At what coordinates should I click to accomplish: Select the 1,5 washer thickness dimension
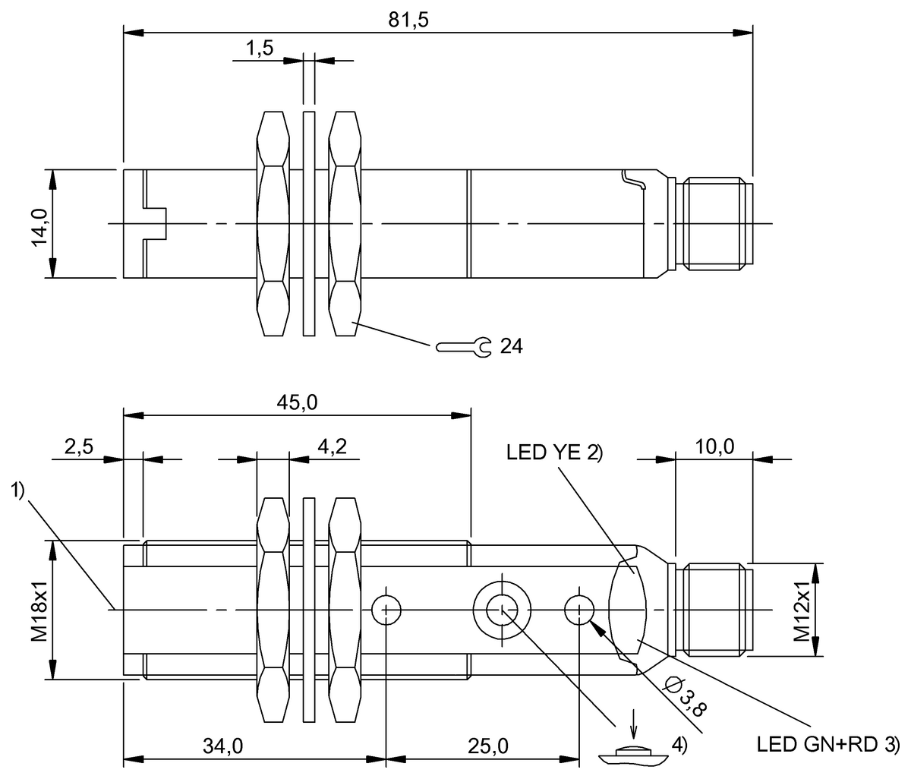[259, 49]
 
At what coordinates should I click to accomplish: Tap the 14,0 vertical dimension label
[39, 225]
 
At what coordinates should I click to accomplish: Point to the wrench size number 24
[512, 347]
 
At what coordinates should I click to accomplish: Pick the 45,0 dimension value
[298, 403]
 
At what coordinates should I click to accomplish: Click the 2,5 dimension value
[79, 448]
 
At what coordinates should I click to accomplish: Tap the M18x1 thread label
[39, 610]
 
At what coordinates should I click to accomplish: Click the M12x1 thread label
[802, 610]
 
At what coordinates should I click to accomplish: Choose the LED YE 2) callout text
[553, 453]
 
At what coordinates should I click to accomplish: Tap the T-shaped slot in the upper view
[155, 224]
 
